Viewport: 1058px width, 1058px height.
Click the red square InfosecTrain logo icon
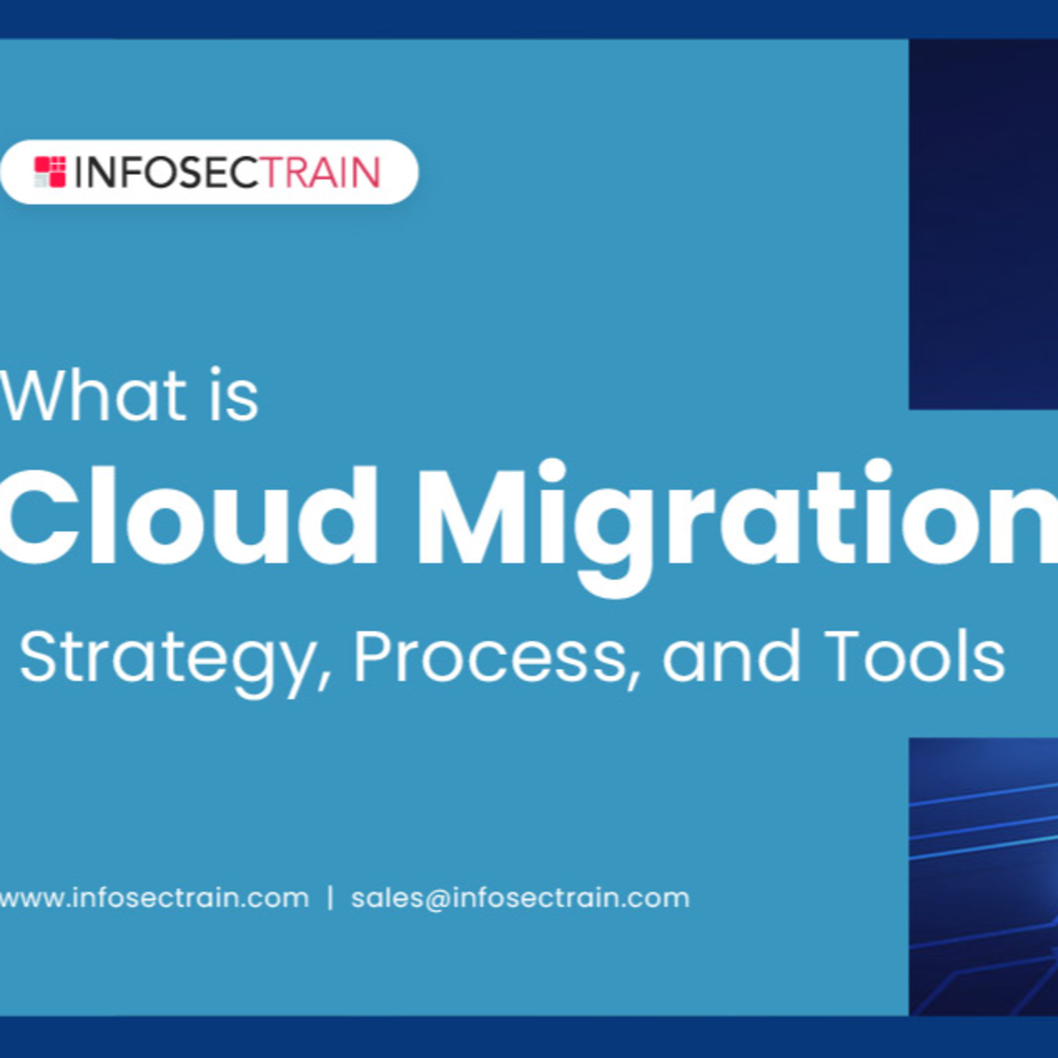coord(50,172)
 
